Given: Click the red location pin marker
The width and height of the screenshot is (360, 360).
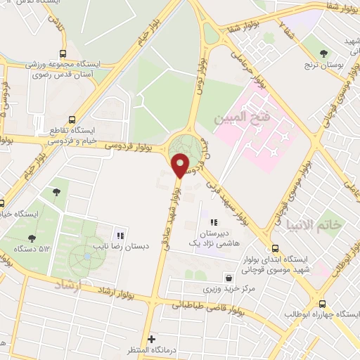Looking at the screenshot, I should point(180,166).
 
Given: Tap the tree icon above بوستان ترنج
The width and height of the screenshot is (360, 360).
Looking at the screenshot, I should point(324,53).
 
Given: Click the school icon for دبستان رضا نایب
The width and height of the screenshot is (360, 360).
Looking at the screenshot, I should point(120,236).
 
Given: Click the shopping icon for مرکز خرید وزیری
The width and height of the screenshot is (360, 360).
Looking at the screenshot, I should point(228,277).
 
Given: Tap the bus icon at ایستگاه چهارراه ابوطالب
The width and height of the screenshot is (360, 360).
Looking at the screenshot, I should point(322,304).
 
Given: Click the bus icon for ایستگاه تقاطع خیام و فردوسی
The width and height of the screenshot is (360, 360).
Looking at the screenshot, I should point(70,120).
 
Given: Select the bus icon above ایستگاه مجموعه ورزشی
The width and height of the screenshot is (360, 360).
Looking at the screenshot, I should point(64,53).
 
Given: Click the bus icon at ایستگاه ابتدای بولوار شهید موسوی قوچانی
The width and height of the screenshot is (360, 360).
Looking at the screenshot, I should point(275,247).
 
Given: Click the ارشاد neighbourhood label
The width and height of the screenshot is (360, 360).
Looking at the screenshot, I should point(69,285).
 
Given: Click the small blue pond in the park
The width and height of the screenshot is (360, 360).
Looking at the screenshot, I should point(86,257).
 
